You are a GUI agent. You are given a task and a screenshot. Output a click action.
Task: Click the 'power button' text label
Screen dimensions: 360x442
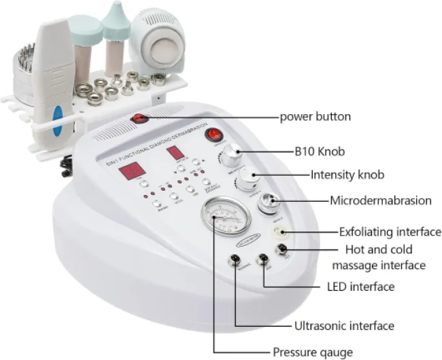(316, 116)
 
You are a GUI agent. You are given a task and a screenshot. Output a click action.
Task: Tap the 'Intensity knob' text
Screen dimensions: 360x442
(347, 175)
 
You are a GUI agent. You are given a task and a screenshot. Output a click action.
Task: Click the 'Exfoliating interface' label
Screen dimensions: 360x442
(390, 232)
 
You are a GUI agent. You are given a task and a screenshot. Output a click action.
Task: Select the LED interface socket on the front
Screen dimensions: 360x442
(262, 259)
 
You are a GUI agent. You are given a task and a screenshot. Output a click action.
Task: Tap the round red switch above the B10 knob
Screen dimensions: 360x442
(214, 134)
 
